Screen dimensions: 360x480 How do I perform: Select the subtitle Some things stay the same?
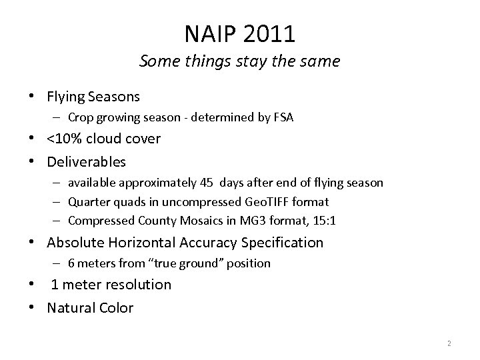coord(239,61)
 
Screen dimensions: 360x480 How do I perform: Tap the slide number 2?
coord(449,343)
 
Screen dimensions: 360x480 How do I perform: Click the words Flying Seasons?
coord(93,97)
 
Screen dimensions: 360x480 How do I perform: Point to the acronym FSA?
coord(283,119)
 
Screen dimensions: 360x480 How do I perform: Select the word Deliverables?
coord(86,161)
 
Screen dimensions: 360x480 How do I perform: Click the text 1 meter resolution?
coord(111,285)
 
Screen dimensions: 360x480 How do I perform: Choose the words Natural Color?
coord(90,307)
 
